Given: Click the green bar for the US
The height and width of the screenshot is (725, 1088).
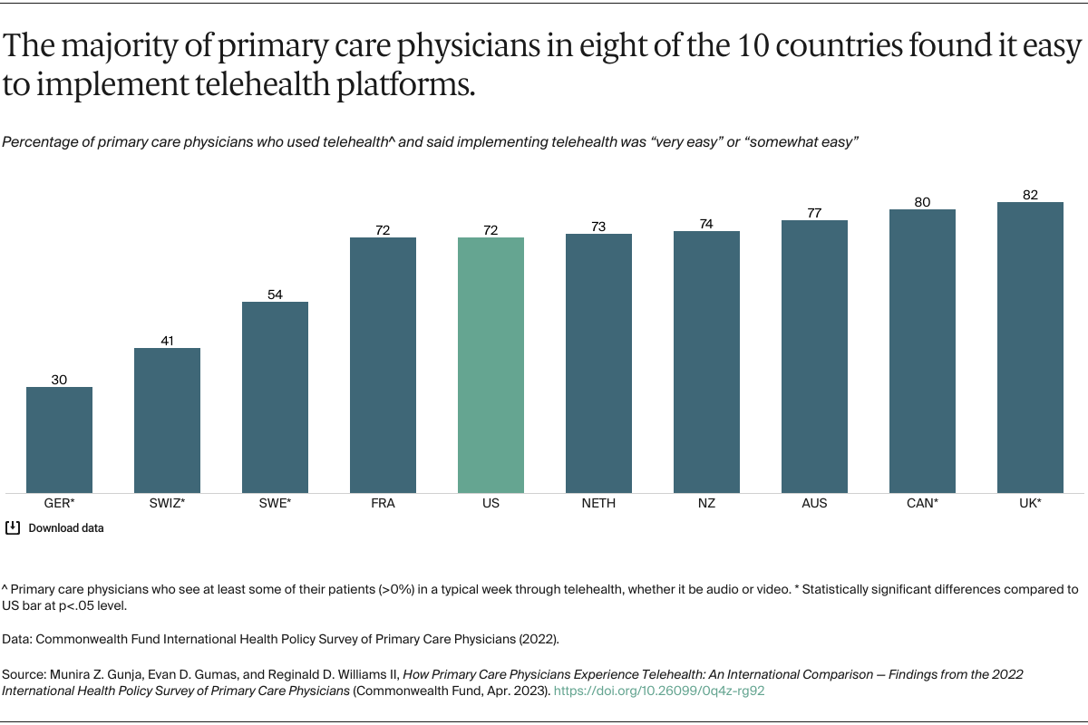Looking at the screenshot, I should point(491,365).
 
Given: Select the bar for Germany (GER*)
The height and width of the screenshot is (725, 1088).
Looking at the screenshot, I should point(59,440).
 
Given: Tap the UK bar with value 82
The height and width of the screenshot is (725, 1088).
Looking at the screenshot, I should point(1030,347).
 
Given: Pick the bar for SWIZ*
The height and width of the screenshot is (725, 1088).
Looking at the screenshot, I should point(167,420).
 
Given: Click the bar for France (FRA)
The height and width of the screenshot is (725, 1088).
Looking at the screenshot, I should point(383,365).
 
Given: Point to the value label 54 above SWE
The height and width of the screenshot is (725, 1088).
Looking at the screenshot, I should point(275,295).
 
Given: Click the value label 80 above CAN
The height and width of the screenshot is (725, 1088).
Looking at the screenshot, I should point(922,202).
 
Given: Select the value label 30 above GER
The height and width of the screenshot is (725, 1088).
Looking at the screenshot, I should point(59,380).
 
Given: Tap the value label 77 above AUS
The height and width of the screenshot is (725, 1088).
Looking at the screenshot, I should point(814,213).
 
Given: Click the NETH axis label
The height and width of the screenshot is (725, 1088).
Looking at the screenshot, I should point(598,504).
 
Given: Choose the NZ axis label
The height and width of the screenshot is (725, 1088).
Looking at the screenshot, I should point(706,504).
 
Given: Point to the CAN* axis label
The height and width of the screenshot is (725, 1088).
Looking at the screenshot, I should point(922,504).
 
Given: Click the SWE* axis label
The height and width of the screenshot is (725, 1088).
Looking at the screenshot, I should point(275,504).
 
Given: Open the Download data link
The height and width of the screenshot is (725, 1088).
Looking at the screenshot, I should point(66,528).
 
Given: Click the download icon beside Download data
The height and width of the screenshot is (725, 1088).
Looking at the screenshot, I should point(13,527).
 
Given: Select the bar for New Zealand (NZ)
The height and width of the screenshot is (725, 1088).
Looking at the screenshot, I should point(706,362).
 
